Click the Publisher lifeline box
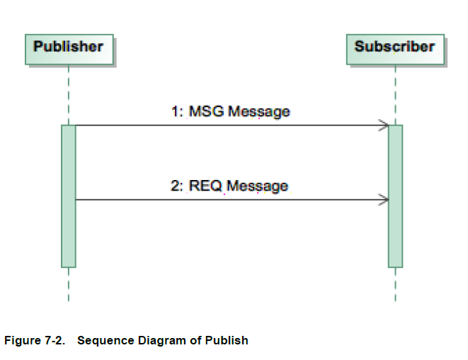tap(69, 47)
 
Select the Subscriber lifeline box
tap(394, 47)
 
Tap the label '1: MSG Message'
tap(230, 111)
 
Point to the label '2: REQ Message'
tap(229, 186)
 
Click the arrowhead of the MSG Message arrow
tap(384, 126)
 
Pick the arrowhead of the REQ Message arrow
tap(384, 200)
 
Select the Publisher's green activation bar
tap(69, 196)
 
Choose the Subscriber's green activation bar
tap(395, 196)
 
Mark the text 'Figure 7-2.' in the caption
tap(34, 341)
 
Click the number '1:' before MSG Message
tap(177, 111)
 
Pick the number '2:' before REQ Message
tap(177, 186)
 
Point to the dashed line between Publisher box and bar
tap(69, 95)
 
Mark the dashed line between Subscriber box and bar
tap(395, 95)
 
